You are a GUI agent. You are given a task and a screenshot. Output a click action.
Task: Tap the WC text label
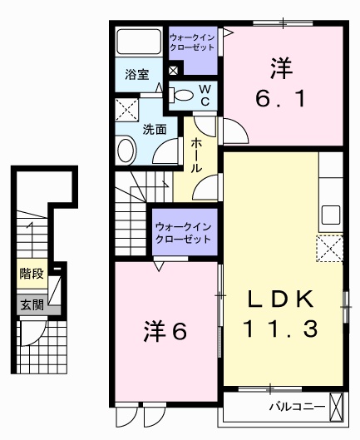coord(203,95)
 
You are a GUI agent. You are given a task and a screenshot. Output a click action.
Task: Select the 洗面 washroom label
coord(154,130)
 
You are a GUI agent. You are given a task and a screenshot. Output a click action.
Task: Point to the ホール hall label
coord(196,154)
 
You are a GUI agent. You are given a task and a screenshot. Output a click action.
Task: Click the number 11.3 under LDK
coord(281,330)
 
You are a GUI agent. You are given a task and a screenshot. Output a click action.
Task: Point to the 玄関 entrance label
coord(30,304)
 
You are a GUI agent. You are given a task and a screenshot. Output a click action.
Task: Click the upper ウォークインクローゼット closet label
coord(191,42)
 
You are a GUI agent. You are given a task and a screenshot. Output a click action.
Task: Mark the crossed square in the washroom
coord(127,109)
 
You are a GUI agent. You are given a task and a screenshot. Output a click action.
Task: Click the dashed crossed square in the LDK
coord(330,247)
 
